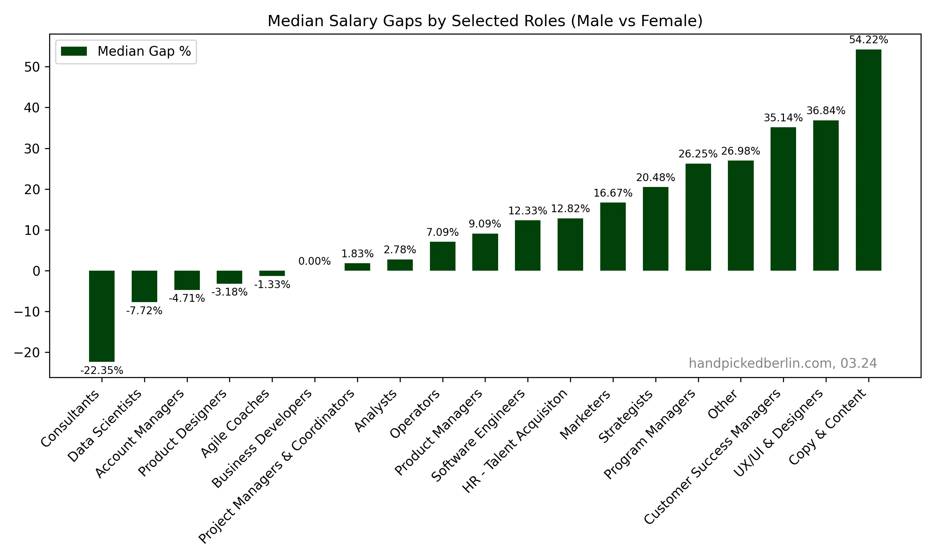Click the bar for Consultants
[101, 316]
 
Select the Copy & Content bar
[868, 160]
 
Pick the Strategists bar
[655, 229]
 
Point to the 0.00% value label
[314, 261]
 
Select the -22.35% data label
[101, 371]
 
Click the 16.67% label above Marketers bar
[613, 193]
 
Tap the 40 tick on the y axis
[32, 108]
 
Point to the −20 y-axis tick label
[27, 352]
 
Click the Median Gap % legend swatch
[74, 51]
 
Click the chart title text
[485, 21]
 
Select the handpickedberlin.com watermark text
[783, 363]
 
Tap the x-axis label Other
[722, 404]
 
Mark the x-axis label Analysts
[376, 411]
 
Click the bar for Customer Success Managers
[783, 199]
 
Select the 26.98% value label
[740, 151]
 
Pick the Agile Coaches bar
[272, 273]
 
